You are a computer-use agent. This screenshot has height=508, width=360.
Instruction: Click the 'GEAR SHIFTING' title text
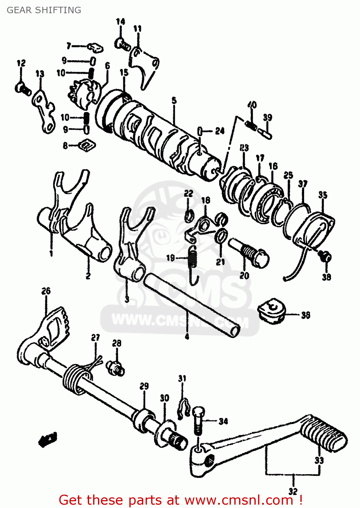44,10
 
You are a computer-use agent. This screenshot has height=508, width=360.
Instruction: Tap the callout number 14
120,22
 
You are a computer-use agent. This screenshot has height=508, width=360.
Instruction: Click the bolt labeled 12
23,89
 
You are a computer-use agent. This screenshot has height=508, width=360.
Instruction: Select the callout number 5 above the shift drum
174,100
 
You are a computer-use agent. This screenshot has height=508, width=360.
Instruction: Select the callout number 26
46,291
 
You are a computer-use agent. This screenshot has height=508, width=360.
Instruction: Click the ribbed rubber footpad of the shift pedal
323,434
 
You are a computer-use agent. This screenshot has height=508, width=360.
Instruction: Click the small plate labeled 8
87,145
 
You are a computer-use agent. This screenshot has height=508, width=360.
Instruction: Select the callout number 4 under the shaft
187,336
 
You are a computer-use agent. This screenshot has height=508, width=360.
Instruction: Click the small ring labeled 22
189,215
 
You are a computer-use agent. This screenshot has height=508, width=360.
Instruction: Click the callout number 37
302,184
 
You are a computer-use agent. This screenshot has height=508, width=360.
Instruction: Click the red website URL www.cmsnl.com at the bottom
238,500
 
